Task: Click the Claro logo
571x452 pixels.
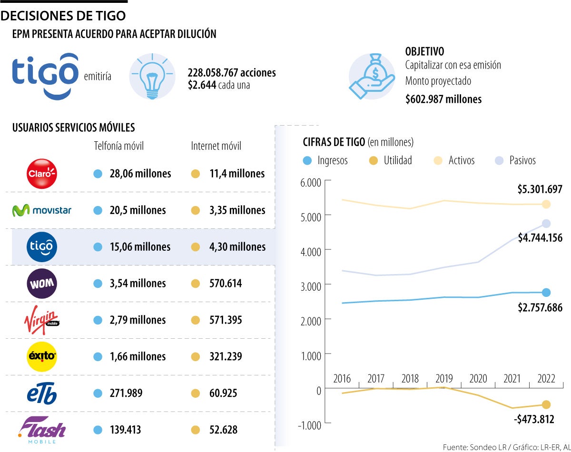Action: click(x=42, y=173)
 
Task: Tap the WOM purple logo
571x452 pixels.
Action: click(x=42, y=284)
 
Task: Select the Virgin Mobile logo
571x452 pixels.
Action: click(x=42, y=320)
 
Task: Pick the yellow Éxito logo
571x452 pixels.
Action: click(x=42, y=356)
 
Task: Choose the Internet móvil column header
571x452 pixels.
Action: click(x=216, y=146)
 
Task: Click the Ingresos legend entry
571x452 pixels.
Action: click(x=325, y=160)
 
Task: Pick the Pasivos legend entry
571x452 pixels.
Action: click(x=516, y=160)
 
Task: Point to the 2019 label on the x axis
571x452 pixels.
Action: click(x=444, y=379)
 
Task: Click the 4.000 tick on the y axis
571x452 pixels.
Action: click(x=310, y=250)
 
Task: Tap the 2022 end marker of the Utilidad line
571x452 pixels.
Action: click(x=546, y=405)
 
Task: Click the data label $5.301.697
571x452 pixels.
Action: click(x=540, y=190)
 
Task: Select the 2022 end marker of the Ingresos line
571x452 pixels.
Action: click(x=546, y=292)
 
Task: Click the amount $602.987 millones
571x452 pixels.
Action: click(x=443, y=99)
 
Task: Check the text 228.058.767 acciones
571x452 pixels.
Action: click(x=232, y=73)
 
